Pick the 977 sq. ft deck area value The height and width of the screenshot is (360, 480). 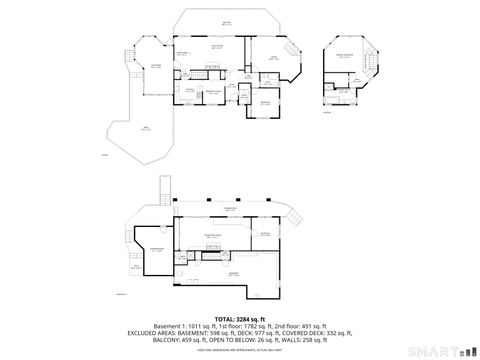coord(266,333)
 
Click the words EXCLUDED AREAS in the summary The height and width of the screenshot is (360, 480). coord(150,333)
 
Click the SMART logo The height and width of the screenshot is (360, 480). coord(440,350)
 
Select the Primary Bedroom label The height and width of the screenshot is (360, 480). coord(346,56)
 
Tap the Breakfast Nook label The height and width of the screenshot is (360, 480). coord(212,91)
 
